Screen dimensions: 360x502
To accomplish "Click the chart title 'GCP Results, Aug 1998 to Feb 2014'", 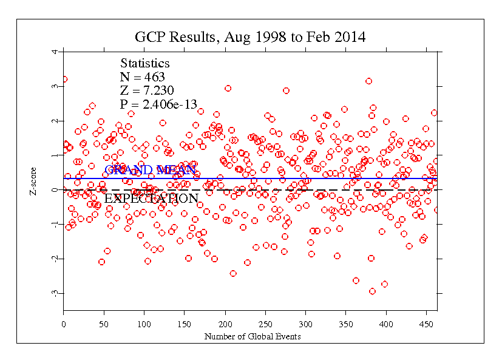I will (250, 37).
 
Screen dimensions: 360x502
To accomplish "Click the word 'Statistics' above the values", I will (145, 64).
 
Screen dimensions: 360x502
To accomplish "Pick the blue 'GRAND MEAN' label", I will (146, 171).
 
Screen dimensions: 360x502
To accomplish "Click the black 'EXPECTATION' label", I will (151, 199).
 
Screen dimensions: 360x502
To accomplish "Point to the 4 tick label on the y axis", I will (55, 52).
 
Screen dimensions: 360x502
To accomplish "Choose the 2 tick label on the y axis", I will (55, 121).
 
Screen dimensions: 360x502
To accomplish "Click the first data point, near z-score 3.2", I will (64, 79).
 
